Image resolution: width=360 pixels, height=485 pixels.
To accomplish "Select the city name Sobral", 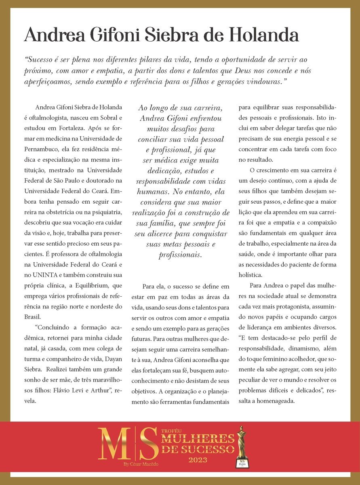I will (110, 118).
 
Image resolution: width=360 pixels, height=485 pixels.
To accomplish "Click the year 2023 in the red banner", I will (198, 460).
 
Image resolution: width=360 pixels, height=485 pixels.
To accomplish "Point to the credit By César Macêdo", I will (141, 464).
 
